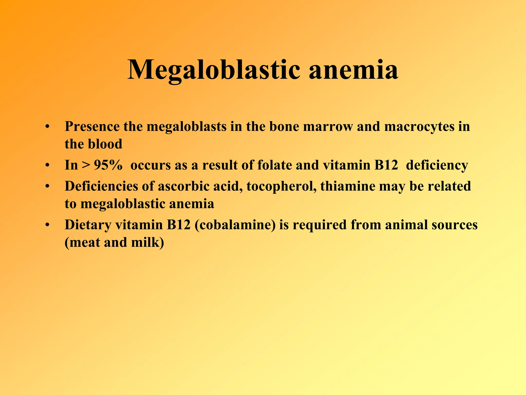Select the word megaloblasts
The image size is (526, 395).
(x=186, y=127)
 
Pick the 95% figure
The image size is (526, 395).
(x=108, y=165)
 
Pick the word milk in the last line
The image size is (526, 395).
(x=147, y=243)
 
